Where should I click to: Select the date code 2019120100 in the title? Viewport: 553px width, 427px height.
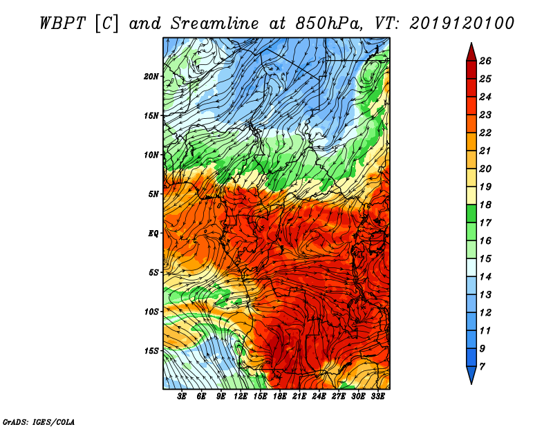click(x=462, y=22)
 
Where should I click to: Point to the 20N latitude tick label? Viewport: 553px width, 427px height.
click(x=151, y=76)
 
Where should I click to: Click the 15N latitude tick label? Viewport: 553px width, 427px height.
click(x=151, y=115)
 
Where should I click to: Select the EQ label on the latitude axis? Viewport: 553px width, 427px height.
click(x=153, y=233)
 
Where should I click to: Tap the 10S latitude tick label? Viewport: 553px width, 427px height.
click(x=151, y=312)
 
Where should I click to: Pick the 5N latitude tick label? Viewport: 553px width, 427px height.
click(x=153, y=194)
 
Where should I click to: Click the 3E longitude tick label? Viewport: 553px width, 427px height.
click(x=182, y=397)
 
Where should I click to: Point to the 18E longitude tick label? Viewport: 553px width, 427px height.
click(x=280, y=397)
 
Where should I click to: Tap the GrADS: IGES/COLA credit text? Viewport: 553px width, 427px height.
click(x=38, y=421)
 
